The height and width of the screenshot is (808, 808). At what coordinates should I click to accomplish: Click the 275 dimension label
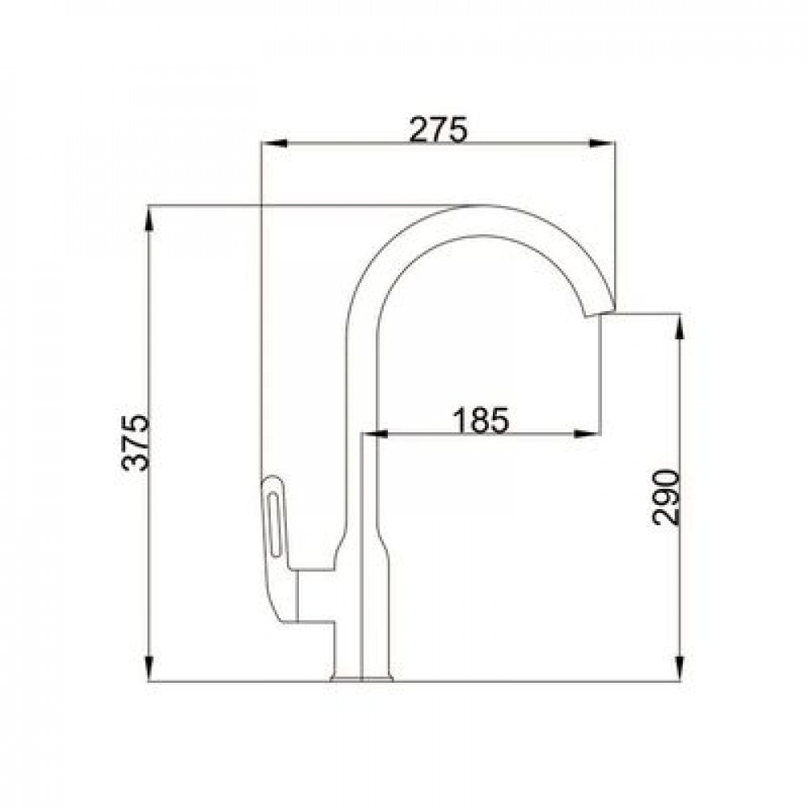pyautogui.click(x=438, y=129)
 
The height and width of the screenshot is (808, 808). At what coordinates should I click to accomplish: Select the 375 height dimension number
pyautogui.click(x=136, y=443)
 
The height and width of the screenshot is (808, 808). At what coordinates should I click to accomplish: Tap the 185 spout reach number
pyautogui.click(x=481, y=420)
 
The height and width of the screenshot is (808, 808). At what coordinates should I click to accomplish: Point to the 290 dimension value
pyautogui.click(x=666, y=497)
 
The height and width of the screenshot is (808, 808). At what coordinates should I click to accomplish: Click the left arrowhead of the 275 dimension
pyautogui.click(x=274, y=143)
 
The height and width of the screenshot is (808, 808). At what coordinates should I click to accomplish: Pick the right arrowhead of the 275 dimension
pyautogui.click(x=603, y=143)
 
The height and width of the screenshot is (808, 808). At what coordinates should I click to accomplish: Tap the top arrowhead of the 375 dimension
pyautogui.click(x=149, y=218)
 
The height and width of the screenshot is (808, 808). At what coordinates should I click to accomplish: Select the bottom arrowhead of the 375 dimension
pyautogui.click(x=149, y=669)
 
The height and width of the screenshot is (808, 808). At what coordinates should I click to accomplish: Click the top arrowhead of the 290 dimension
pyautogui.click(x=680, y=326)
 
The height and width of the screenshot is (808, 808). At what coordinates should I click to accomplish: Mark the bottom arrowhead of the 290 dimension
pyautogui.click(x=680, y=669)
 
